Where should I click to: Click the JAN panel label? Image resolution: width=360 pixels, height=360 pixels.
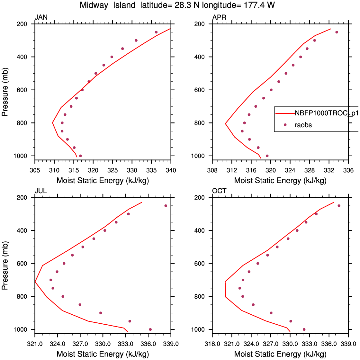coord(41,17)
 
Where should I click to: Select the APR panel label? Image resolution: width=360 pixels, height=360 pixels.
coord(219,17)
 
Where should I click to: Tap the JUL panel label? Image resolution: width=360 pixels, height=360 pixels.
coord(41,191)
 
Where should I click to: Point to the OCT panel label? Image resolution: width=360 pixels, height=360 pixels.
coord(219,191)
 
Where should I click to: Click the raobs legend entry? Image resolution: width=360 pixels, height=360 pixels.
coord(303,125)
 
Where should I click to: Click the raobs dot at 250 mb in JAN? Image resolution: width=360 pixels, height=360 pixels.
coord(156,32)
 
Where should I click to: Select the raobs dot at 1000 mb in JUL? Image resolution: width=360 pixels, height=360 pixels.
coord(150,329)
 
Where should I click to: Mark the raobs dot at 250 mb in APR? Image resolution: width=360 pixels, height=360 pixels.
coord(337,32)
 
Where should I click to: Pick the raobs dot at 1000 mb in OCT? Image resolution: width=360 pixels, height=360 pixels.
coord(304,329)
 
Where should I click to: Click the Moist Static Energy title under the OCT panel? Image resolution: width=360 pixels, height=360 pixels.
coord(280,354)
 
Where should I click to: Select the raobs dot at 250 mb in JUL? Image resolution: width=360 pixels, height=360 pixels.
coord(166,206)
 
